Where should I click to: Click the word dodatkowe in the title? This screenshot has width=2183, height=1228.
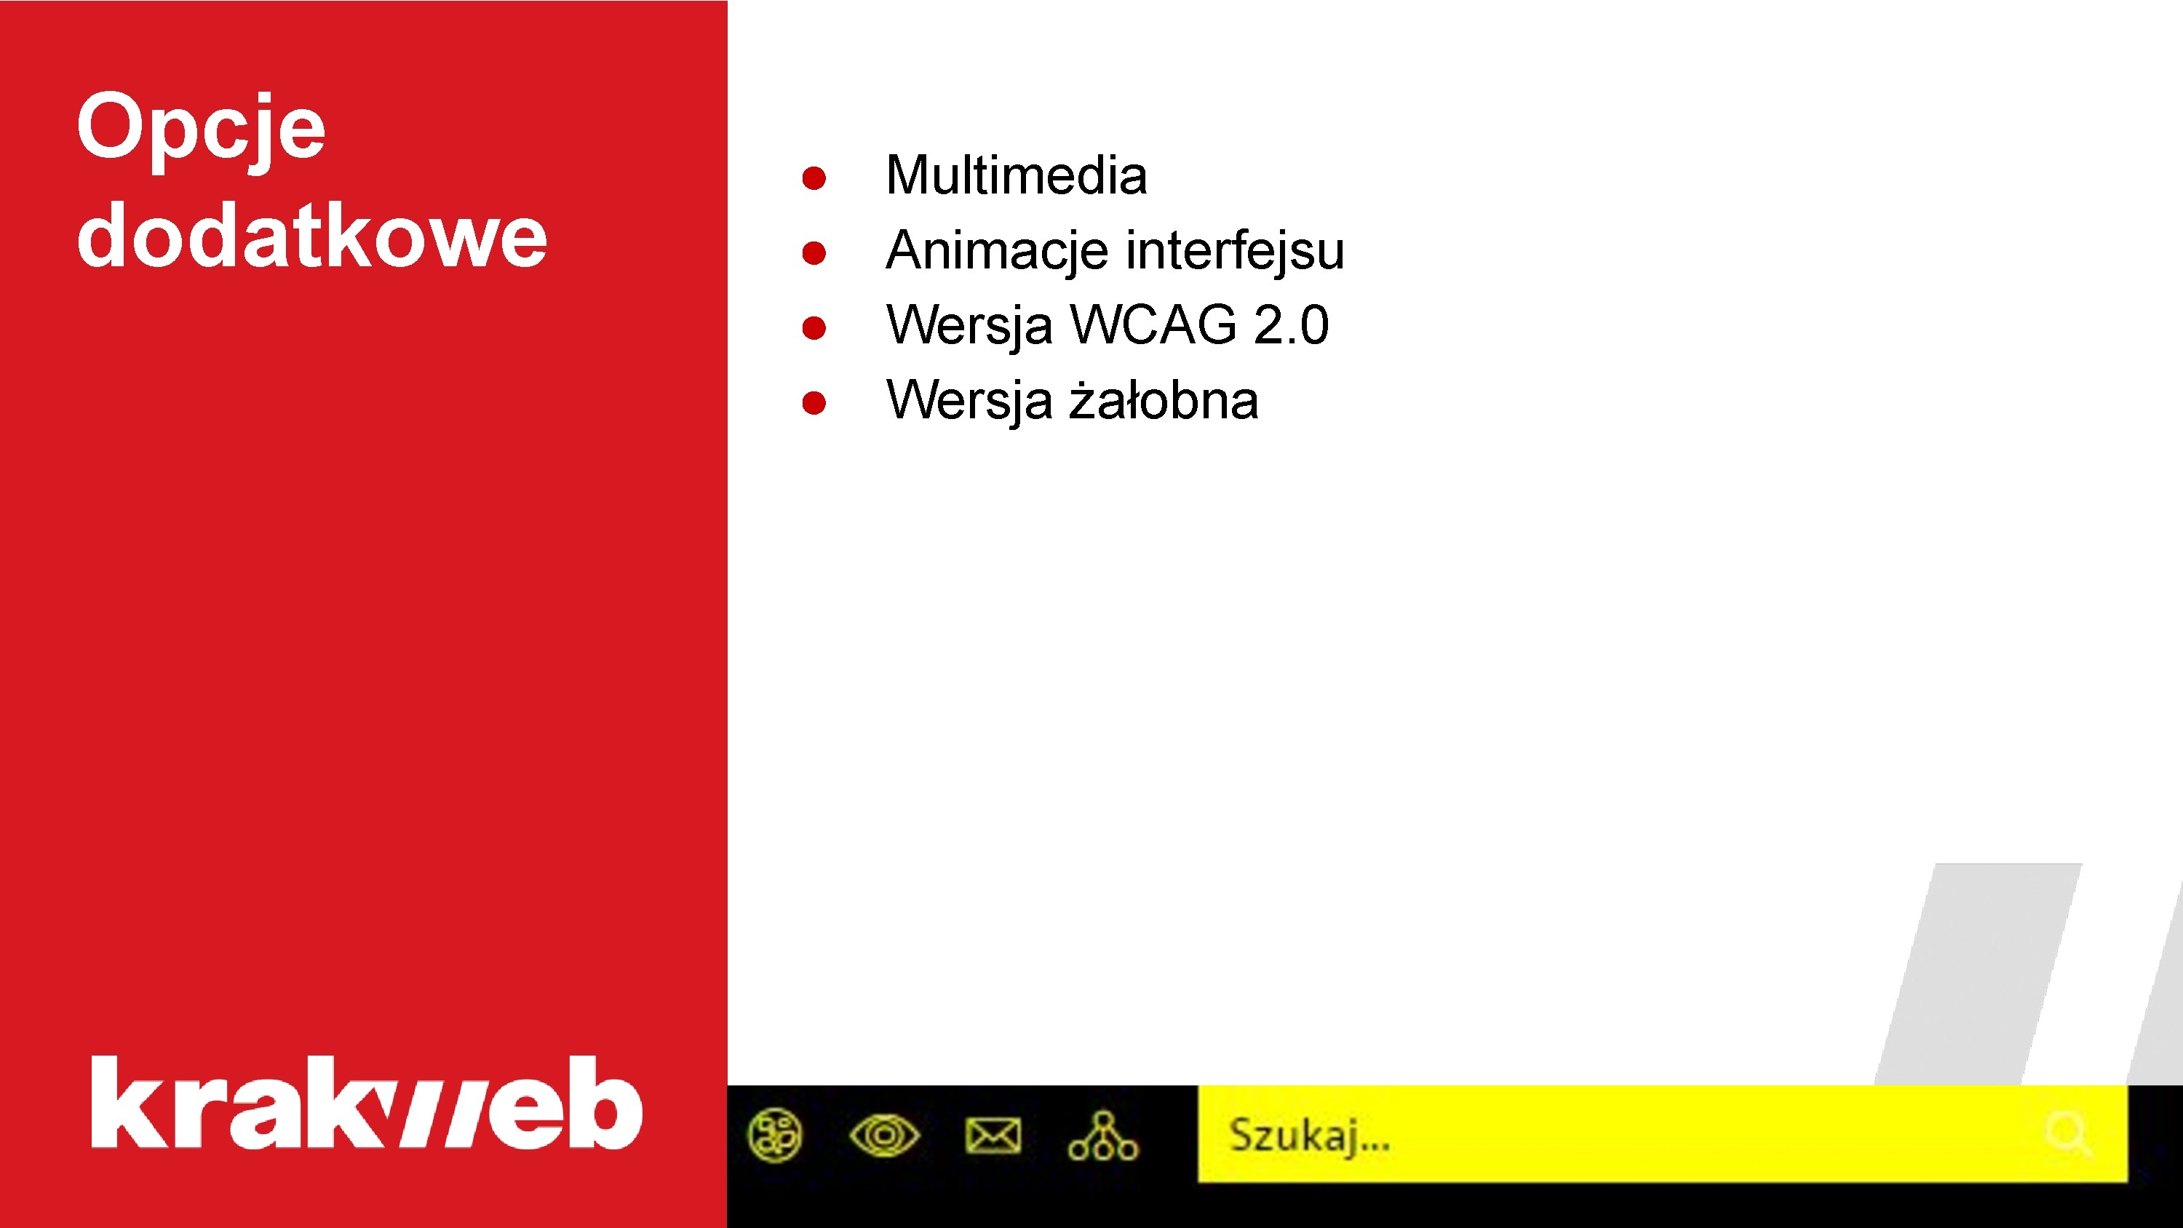click(312, 236)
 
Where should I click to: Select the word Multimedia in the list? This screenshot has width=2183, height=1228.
click(1016, 175)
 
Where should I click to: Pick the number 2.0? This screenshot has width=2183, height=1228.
click(1291, 324)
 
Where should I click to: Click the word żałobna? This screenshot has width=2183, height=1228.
click(1164, 400)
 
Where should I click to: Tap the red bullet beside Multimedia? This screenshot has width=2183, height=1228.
click(814, 178)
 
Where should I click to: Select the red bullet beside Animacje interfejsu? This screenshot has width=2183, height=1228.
click(814, 252)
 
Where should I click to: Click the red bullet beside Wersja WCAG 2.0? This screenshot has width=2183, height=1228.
click(814, 328)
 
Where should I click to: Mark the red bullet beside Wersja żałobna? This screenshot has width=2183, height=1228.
click(814, 402)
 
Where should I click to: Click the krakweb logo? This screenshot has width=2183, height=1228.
click(366, 1103)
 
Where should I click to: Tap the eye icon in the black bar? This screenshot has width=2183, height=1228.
click(884, 1135)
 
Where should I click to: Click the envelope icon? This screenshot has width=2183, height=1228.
click(993, 1136)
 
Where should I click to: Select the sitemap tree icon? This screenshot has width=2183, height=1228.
click(1102, 1136)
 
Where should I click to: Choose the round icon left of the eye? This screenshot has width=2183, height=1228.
click(774, 1135)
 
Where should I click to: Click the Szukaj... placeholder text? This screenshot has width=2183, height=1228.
click(1309, 1135)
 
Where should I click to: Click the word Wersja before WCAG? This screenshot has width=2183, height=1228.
click(969, 324)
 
